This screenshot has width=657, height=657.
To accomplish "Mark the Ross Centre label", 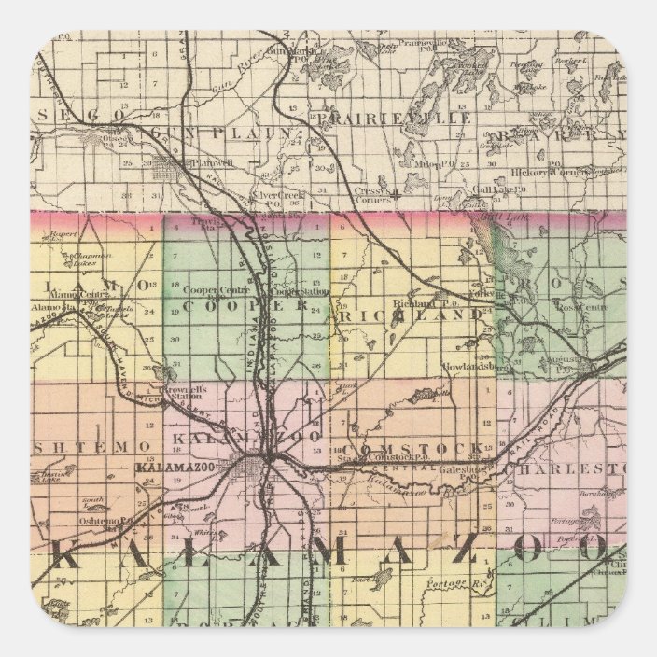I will pyautogui.click(x=579, y=305).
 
